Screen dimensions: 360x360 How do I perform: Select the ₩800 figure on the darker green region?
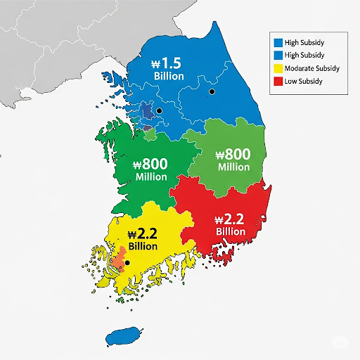pos(150,164)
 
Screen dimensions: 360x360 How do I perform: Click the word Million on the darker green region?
pos(150,176)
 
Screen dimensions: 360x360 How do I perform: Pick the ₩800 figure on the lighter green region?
pos(233,155)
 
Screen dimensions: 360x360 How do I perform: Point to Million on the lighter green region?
pos(233,167)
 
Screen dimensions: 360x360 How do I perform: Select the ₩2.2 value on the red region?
pos(231,219)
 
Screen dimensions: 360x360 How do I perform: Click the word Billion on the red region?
pos(231,231)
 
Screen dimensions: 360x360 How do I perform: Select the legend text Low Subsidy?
pos(304,81)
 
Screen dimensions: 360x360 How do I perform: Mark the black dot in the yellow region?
pos(127,263)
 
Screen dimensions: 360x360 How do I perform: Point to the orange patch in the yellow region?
pos(117,258)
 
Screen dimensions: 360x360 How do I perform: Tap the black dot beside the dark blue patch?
pos(160,111)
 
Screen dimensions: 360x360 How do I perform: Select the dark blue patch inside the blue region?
pos(148,111)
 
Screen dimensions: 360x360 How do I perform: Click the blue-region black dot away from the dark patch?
pos(211,91)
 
